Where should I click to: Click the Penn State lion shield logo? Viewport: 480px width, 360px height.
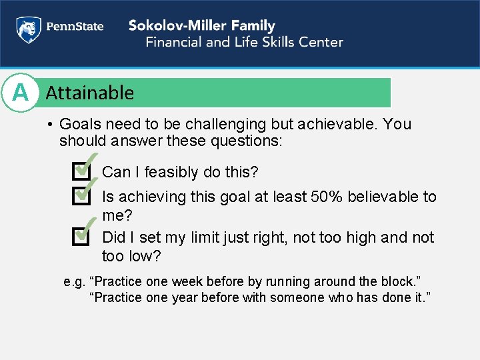pyautogui.click(x=27, y=29)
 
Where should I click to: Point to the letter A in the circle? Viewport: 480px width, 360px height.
pyautogui.click(x=21, y=93)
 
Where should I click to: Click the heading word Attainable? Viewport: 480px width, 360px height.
pyautogui.click(x=89, y=93)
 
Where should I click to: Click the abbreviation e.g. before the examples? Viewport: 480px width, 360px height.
pyautogui.click(x=73, y=281)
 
